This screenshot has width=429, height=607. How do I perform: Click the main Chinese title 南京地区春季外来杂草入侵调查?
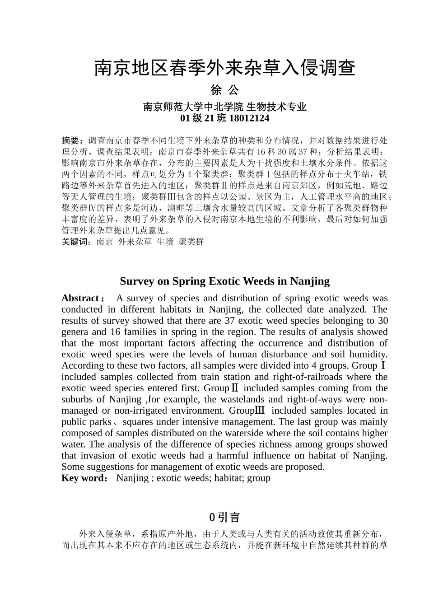(224, 68)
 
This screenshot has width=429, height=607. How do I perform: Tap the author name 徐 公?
(224, 90)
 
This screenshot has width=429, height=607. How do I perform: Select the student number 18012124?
(249, 118)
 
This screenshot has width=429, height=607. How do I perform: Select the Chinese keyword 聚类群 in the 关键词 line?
(191, 242)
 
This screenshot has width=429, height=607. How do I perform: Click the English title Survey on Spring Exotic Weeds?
(224, 281)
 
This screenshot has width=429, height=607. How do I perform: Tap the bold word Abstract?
(80, 298)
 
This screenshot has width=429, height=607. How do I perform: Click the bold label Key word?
(83, 478)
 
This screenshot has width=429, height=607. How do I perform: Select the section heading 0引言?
(224, 517)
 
